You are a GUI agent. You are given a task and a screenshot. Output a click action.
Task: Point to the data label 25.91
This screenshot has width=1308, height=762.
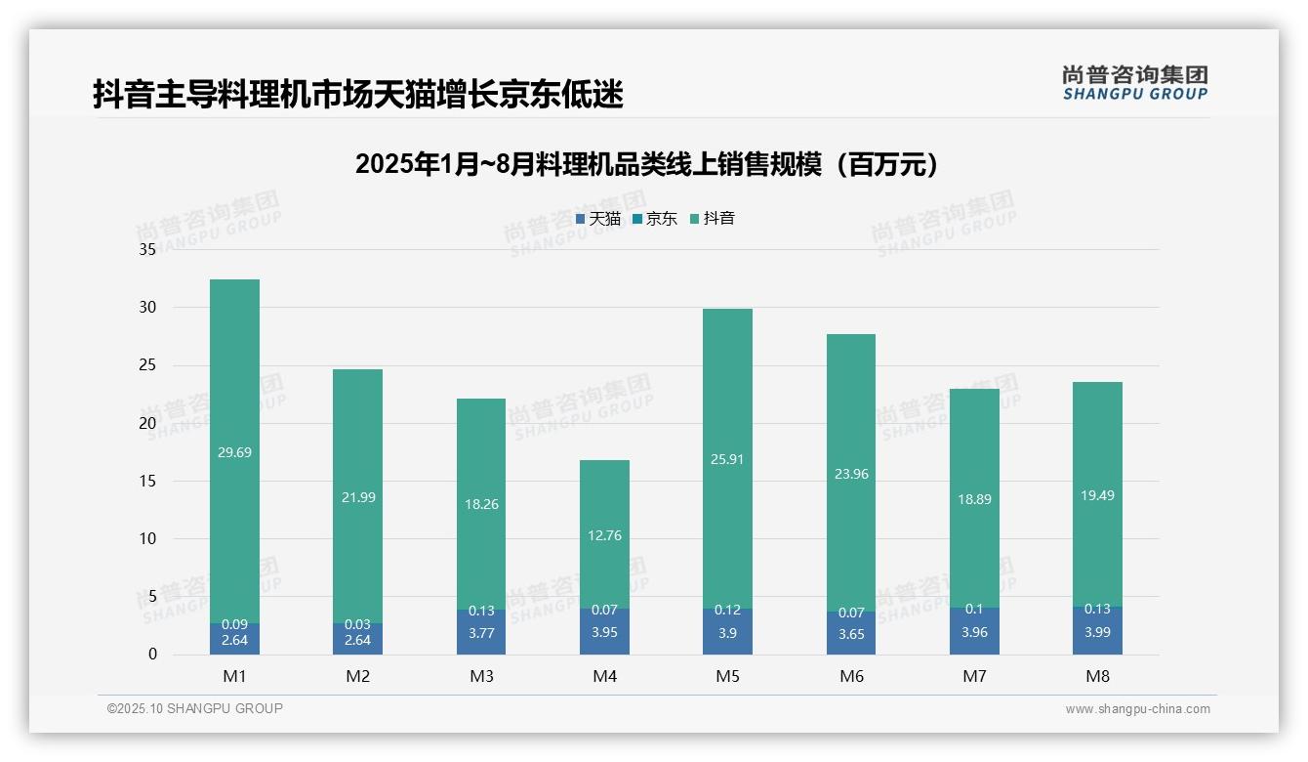(727, 459)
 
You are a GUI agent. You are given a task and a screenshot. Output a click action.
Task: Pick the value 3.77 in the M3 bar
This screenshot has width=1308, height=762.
(481, 632)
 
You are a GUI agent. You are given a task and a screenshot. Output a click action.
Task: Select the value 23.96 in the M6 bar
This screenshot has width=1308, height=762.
(850, 474)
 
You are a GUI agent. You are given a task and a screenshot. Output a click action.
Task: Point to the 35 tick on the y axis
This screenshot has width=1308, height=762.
(147, 250)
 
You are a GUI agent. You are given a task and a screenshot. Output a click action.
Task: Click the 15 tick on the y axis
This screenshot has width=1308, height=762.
(147, 481)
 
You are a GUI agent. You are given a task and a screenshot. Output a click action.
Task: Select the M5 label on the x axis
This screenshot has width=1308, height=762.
(727, 676)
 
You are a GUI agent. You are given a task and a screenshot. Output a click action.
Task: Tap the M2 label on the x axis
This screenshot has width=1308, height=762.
(358, 676)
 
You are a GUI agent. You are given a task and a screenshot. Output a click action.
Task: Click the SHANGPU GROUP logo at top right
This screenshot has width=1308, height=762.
(1134, 82)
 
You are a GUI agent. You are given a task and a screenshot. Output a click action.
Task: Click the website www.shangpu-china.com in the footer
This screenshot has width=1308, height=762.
(1137, 709)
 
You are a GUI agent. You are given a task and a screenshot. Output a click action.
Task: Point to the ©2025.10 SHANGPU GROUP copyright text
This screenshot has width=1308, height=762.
(195, 708)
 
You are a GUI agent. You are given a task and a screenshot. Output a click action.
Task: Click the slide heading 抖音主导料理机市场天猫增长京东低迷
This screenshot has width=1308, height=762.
(358, 95)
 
